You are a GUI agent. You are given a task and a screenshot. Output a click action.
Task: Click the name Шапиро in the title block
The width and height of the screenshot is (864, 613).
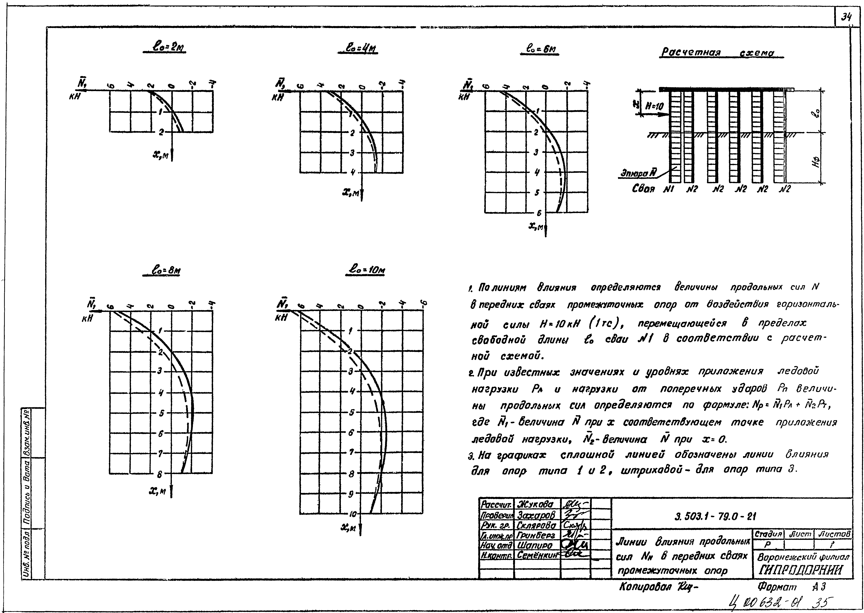tap(534, 545)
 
